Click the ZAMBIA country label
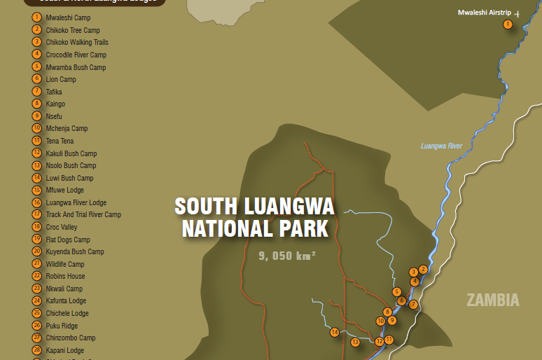pyautogui.click(x=493, y=300)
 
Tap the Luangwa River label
pyautogui.click(x=441, y=146)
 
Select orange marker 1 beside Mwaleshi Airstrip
pyautogui.click(x=508, y=25)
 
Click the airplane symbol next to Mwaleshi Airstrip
pyautogui.click(x=517, y=13)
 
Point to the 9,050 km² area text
pyautogui.click(x=287, y=256)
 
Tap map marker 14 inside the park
pyautogui.click(x=335, y=332)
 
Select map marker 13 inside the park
pyautogui.click(x=355, y=342)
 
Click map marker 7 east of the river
pyautogui.click(x=413, y=305)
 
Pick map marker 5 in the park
pyautogui.click(x=396, y=292)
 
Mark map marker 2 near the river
pyautogui.click(x=423, y=270)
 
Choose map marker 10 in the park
pyautogui.click(x=380, y=321)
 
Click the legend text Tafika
pyautogui.click(x=54, y=92)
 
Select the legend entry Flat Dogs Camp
pyautogui.click(x=68, y=240)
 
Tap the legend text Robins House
pyautogui.click(x=65, y=277)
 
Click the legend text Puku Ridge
pyautogui.click(x=62, y=326)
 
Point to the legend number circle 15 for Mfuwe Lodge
pyautogui.click(x=37, y=190)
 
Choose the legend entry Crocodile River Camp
pyautogui.click(x=76, y=55)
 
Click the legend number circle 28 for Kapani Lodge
pyautogui.click(x=37, y=350)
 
